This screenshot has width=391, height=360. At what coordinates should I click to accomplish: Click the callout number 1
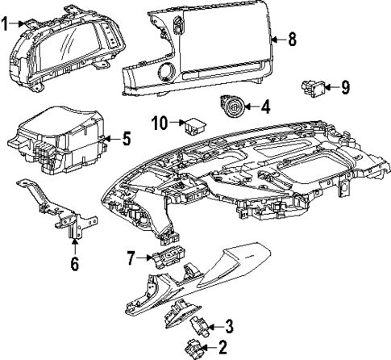6,25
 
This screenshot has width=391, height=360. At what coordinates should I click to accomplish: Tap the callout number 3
230,326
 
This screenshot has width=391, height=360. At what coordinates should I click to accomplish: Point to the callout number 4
265,106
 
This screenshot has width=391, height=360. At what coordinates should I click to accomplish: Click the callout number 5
126,139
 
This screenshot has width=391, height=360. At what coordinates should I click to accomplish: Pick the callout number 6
74,263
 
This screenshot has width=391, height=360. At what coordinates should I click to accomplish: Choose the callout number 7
131,257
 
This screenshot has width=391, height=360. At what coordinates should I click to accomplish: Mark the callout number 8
292,38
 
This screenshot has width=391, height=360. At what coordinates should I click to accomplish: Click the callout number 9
345,86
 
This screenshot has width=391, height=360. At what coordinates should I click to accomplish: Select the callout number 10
160,123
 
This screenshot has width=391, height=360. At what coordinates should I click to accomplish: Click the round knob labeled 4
233,106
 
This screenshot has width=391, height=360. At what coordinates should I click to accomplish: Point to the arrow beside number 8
277,38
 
